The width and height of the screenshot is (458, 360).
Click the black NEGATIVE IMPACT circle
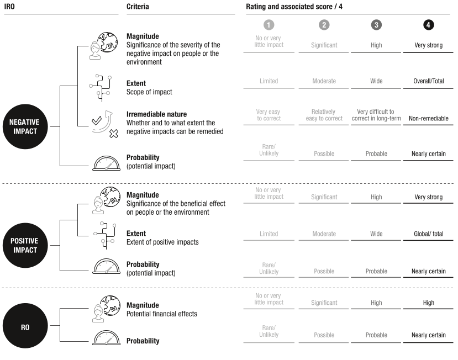[x=25, y=126]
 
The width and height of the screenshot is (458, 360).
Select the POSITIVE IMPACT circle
[x=25, y=245]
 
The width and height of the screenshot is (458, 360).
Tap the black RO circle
[x=25, y=326]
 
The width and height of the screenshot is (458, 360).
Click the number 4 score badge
[x=428, y=25]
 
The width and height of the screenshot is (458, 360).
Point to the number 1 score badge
[x=269, y=25]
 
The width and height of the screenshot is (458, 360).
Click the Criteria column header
[x=138, y=7]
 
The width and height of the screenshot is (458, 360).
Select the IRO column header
[x=9, y=7]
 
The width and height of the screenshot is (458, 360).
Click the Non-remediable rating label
[x=429, y=118]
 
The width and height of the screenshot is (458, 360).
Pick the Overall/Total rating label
[x=429, y=81]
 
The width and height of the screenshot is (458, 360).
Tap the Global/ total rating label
[x=429, y=234]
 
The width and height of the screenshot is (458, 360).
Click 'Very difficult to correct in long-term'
[x=376, y=115]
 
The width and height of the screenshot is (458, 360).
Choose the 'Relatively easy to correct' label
[x=324, y=115]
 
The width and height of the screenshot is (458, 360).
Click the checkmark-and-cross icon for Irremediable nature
[x=104, y=124]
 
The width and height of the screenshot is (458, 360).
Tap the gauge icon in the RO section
[x=106, y=338]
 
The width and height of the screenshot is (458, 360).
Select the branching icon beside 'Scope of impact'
[x=100, y=88]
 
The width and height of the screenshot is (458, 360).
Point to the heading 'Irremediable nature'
[x=156, y=114]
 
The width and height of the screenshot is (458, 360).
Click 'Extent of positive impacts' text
[x=162, y=242]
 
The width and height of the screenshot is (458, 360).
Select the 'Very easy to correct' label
[x=269, y=115]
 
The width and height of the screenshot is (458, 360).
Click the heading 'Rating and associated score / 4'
[x=294, y=7]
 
